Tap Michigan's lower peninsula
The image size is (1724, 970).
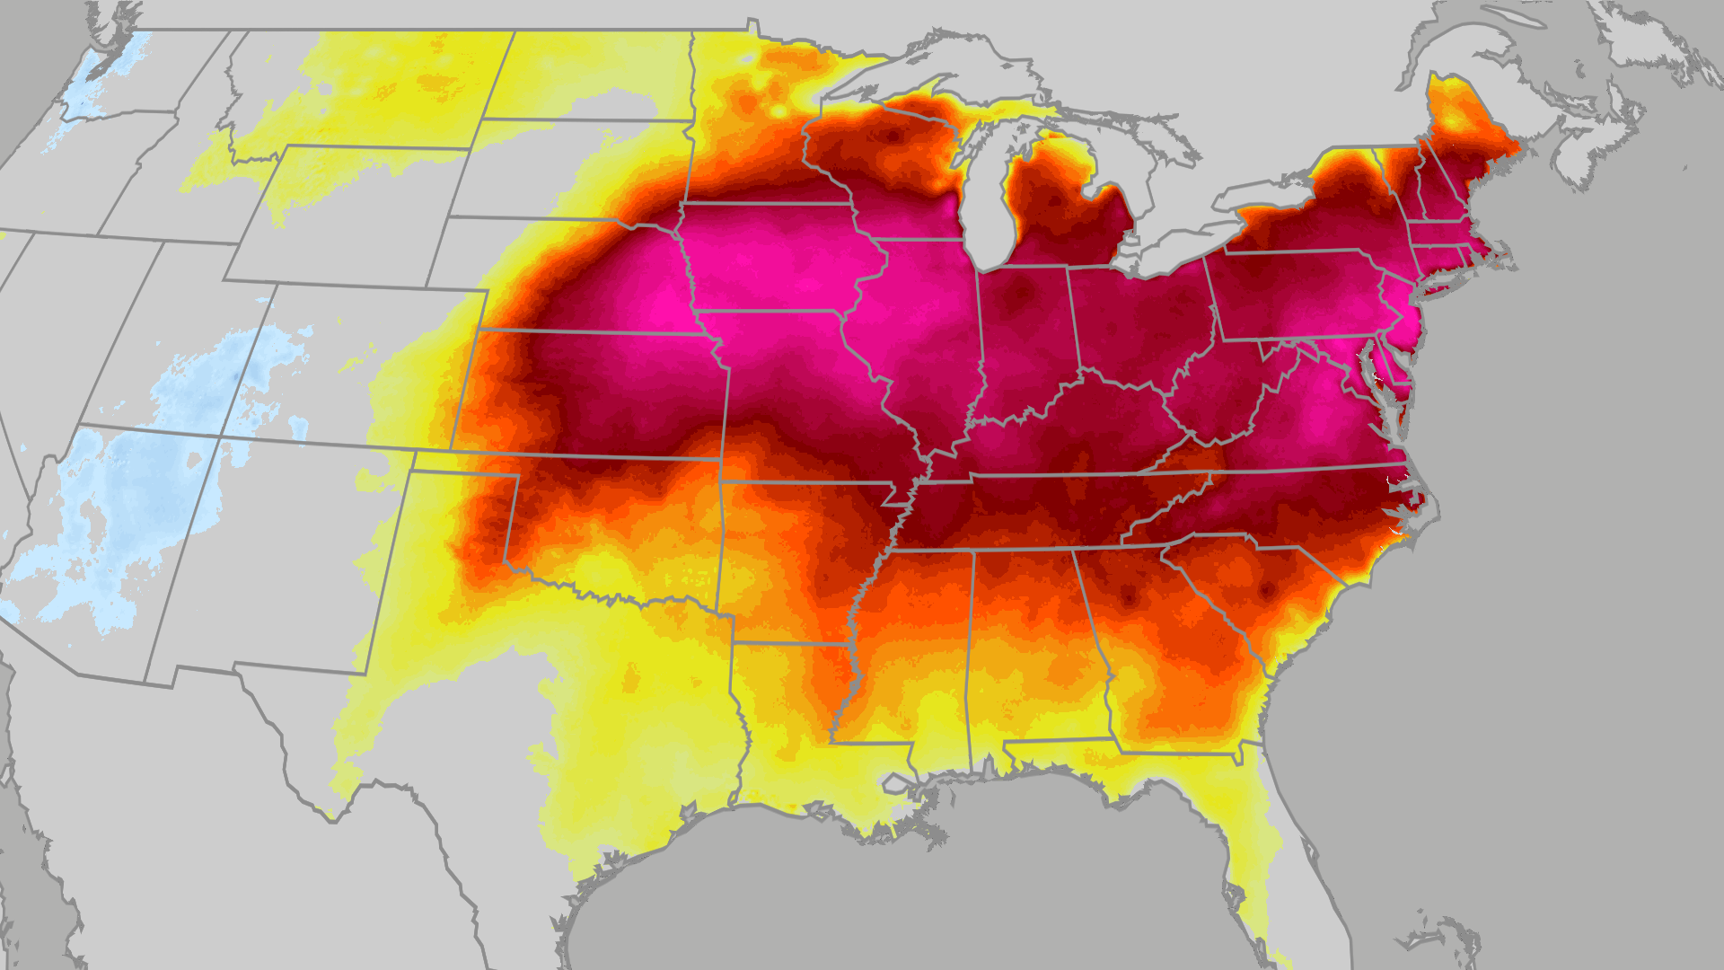point(1069,216)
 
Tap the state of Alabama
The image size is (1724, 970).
point(1033,647)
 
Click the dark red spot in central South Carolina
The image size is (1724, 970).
point(1267,590)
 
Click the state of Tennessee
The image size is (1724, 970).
point(1033,512)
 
